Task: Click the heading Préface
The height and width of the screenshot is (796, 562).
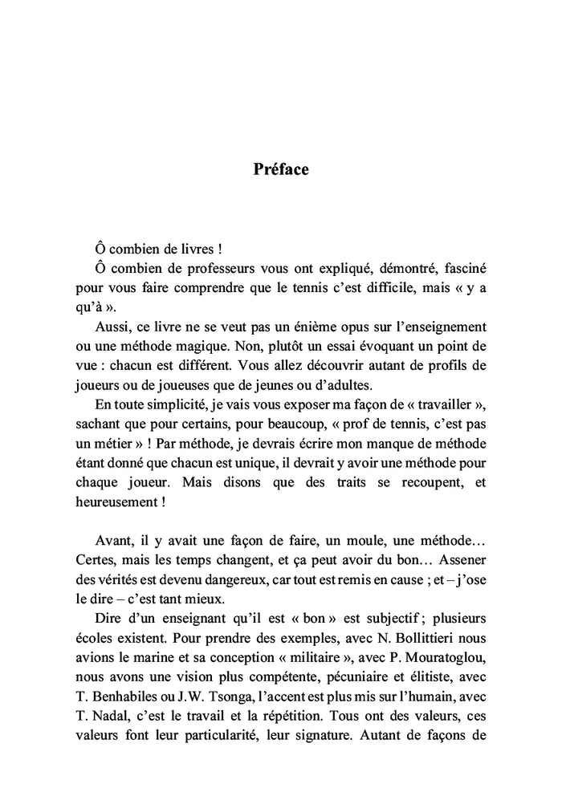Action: point(281,170)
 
